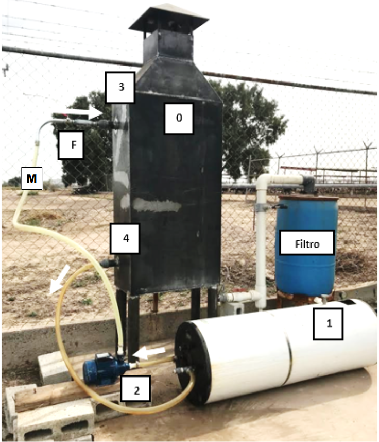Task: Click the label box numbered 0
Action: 179,118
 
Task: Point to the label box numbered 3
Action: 120,87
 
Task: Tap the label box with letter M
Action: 32,178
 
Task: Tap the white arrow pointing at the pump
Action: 151,353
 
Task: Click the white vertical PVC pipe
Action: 261,242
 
